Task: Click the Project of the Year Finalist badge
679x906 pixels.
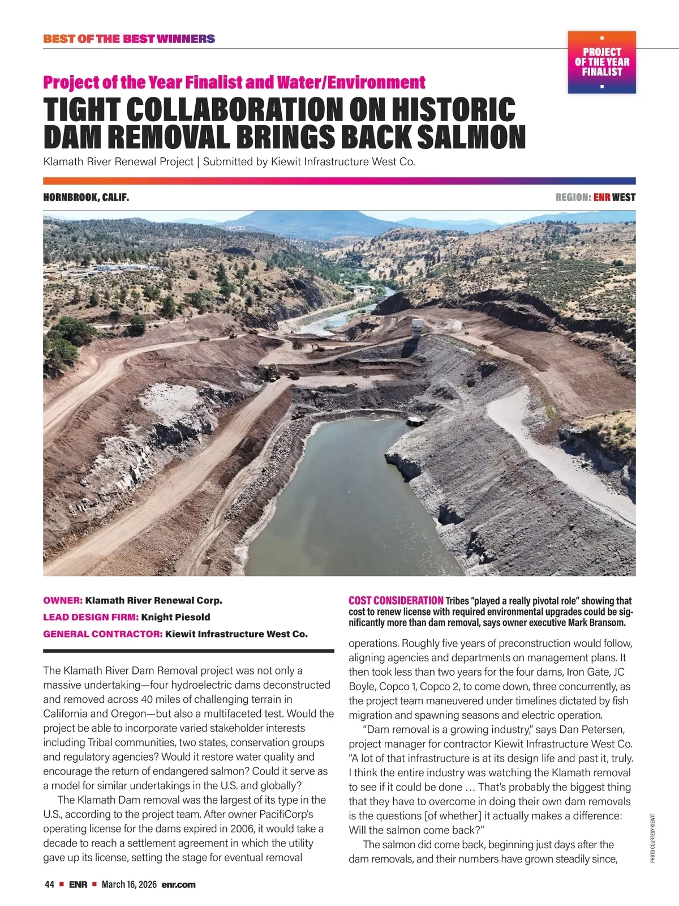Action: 601,62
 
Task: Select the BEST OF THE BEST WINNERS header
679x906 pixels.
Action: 129,39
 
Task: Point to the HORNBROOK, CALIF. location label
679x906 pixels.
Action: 86,198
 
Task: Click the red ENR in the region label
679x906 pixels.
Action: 601,198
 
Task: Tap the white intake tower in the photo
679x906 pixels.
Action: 417,327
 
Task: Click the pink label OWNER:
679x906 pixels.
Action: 63,600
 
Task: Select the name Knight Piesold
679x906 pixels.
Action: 175,617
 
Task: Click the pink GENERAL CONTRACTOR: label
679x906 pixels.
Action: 102,634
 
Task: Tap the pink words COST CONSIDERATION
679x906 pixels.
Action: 396,600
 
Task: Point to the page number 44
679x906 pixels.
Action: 49,884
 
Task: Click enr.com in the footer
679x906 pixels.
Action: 178,884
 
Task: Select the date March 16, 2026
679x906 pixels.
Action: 129,884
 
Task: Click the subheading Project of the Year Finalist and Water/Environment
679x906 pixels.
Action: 234,83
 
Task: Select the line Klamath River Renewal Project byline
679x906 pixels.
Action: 229,162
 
